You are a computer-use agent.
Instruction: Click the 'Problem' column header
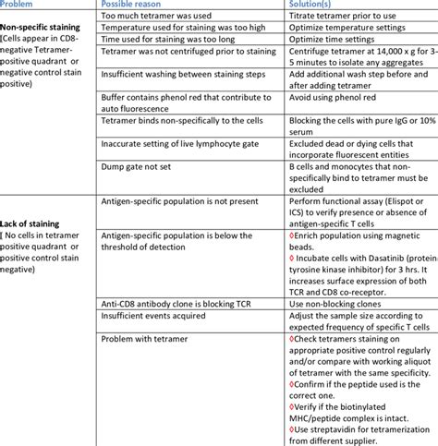tap(21, 5)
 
